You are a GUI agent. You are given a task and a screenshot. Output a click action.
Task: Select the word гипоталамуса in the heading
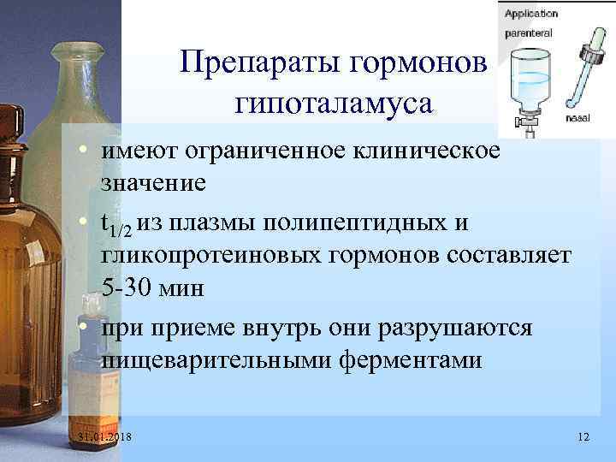coord(334,104)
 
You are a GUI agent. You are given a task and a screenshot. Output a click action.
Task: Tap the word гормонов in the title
coord(418,62)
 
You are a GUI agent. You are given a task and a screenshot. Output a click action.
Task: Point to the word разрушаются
coord(461,329)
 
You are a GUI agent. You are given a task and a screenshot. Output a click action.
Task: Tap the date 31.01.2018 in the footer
coord(110,437)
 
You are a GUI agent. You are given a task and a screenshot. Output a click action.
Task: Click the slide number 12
coord(583,437)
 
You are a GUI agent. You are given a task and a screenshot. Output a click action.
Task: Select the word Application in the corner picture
coord(530,14)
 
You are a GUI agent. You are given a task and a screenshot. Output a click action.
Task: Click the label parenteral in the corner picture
coord(528,32)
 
